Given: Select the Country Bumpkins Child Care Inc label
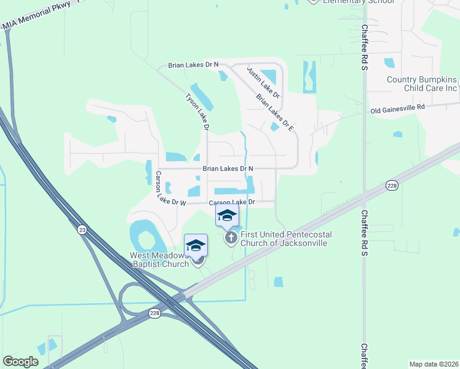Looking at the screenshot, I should click(422, 84).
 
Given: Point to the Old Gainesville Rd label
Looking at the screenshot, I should click(398, 109).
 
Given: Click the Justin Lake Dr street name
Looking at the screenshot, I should click(263, 83).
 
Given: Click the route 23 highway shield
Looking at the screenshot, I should click(82, 229).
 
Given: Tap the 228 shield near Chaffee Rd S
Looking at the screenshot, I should click(392, 184).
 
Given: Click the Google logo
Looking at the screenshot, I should click(20, 362).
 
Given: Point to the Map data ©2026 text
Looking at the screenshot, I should click(434, 364).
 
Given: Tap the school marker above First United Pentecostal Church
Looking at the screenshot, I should click(226, 216).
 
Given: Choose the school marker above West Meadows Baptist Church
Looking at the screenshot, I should click(196, 245).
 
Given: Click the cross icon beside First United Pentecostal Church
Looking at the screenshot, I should click(231, 238).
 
